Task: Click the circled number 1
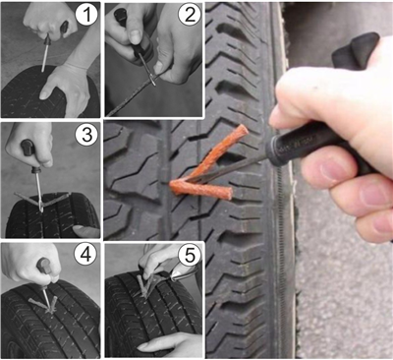(x=85, y=15)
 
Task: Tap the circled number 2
(x=190, y=15)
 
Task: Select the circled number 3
(x=86, y=135)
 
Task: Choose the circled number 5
(x=190, y=255)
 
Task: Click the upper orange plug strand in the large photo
(x=219, y=151)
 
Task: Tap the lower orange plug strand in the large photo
(x=200, y=190)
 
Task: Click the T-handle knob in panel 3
(x=28, y=148)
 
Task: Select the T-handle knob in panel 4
(x=45, y=266)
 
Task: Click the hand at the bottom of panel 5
(x=170, y=344)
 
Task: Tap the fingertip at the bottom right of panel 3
(x=85, y=231)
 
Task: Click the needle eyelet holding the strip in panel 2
(x=152, y=80)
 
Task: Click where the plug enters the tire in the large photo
(x=173, y=185)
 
